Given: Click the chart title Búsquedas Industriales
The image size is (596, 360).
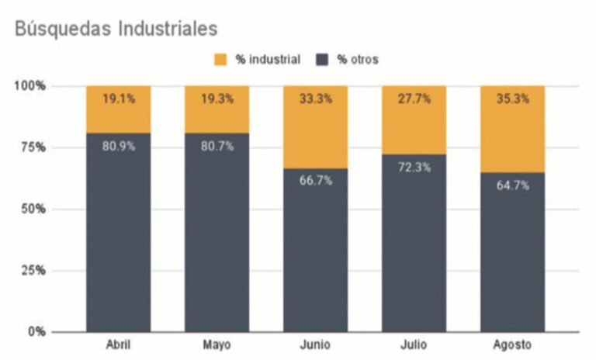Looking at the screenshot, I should coord(116,29).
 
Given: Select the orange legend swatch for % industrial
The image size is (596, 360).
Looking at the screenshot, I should coord(221,60).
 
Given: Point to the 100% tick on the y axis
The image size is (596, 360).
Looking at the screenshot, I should coord(31,85).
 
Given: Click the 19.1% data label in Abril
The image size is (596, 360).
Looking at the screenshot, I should coord(119,99).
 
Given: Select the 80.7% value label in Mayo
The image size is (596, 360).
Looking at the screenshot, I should coord(217,146).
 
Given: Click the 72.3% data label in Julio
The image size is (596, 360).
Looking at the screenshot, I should coord(414,167).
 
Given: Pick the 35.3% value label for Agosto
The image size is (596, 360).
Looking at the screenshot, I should coord(513,99).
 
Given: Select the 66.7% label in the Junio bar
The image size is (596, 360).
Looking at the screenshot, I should coord(316,181).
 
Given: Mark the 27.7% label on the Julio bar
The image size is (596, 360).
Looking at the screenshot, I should coord(414,99).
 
